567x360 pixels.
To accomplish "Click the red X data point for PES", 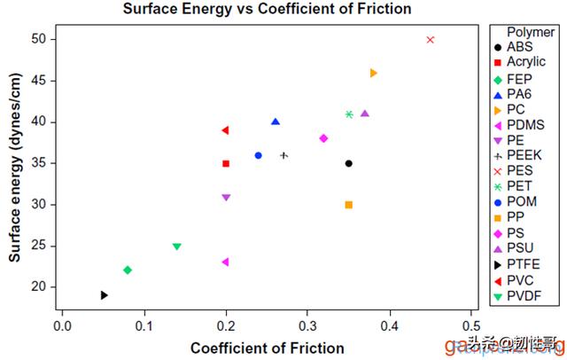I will click(431, 39).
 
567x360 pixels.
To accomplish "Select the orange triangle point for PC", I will click(373, 73).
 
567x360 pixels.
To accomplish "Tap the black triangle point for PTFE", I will click(105, 295).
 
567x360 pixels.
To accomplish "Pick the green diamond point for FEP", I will click(128, 270).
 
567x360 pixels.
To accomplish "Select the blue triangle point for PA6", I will click(276, 121).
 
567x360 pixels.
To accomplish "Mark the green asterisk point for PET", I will click(349, 114).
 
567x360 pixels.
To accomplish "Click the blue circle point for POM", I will click(258, 155).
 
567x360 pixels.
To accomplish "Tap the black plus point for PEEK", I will click(283, 155).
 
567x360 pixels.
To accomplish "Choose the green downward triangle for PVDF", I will click(176, 247).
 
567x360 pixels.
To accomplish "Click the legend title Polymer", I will click(530, 31).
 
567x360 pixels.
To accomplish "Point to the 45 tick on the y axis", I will click(42, 81).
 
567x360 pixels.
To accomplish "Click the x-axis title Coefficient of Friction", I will click(267, 348).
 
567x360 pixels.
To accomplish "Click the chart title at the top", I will click(267, 10).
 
